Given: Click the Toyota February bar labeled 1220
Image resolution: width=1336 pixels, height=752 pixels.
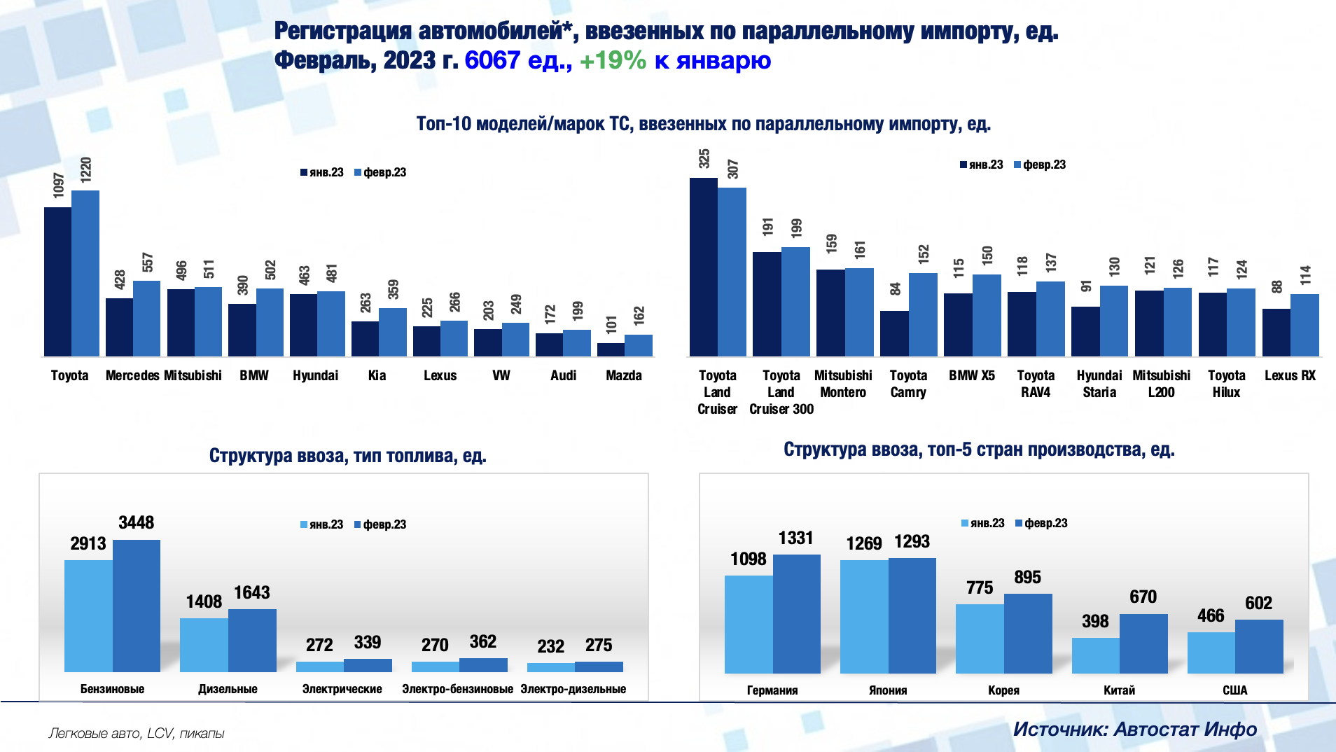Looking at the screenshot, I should point(85,273).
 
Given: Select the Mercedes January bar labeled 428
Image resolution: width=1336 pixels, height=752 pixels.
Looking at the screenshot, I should point(119,327).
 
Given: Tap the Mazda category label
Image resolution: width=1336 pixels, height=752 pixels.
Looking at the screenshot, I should point(623,375).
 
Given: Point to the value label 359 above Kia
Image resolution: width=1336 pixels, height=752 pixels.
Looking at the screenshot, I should point(394,289).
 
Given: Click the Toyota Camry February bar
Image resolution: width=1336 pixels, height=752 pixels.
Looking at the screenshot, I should point(923,314).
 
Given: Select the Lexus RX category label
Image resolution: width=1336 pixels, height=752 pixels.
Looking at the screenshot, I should point(1290,375).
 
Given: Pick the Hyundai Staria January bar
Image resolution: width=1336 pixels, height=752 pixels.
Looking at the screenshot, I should point(1085,331).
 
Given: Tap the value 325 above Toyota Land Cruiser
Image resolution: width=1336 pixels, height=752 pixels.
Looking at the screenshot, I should point(704,159).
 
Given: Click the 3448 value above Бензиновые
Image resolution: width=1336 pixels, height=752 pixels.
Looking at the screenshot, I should point(136,522).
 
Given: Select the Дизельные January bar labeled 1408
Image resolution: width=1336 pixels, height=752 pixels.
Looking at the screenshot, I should point(204,645).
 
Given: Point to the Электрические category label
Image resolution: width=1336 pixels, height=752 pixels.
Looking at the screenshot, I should point(342,689).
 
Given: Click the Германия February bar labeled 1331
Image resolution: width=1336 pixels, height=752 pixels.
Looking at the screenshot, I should point(796,613).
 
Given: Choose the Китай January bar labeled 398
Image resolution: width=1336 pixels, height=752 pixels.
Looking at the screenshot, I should point(1095,655).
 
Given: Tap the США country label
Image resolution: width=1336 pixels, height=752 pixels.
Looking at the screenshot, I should point(1234,690).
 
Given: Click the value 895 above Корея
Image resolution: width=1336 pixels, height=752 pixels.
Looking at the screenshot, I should point(1027,577).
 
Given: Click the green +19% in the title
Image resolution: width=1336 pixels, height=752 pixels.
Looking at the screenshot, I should point(613,60).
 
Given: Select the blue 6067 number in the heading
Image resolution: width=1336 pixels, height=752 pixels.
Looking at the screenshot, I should point(492,60).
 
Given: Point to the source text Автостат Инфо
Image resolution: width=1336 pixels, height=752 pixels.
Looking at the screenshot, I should point(1185,730).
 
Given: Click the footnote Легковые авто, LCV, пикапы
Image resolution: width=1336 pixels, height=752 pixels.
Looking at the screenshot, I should point(137,733).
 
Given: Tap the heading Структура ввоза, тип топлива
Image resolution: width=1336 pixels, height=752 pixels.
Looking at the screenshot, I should point(347,456).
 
